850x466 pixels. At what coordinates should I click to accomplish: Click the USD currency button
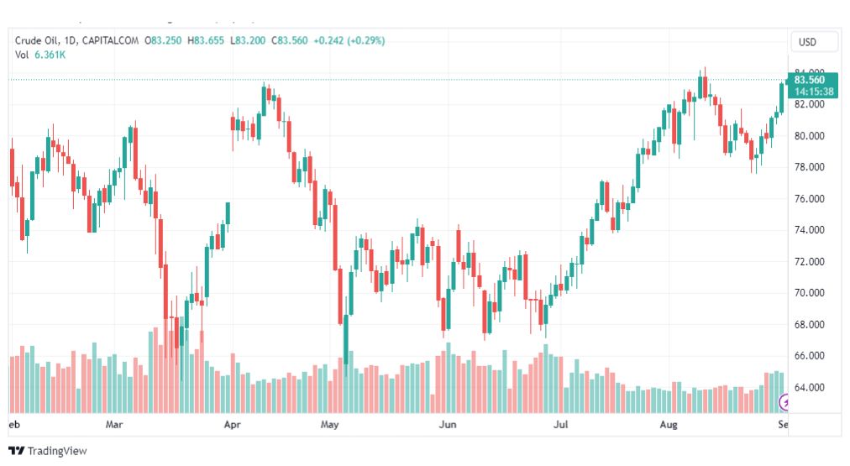[814, 41]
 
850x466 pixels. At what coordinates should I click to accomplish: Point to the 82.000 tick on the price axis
[811, 104]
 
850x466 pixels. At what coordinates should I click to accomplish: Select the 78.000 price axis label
[811, 167]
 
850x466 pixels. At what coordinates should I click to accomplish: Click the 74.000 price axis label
[811, 230]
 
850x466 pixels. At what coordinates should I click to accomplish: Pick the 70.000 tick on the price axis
[811, 293]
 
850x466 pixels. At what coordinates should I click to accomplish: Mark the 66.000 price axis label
[811, 356]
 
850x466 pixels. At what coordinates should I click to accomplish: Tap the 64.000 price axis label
[811, 388]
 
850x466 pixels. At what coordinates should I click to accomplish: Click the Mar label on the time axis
[115, 425]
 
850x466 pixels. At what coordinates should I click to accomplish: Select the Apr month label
[233, 425]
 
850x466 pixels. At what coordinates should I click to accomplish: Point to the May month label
[330, 425]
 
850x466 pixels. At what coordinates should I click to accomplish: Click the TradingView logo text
[56, 451]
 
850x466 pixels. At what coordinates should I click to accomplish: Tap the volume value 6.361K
[50, 55]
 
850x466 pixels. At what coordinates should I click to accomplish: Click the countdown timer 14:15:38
[814, 92]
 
